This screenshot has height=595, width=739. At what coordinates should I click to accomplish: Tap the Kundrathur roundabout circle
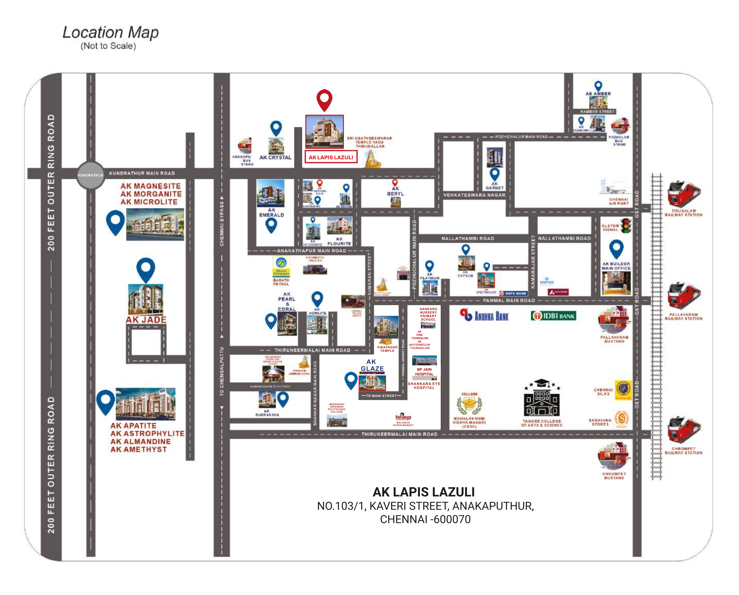coord(91,175)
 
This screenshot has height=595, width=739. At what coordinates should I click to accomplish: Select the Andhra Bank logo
coord(484,315)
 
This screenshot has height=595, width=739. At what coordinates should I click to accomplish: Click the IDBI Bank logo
coord(553,315)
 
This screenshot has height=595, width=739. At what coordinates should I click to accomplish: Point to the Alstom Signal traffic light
coord(627,226)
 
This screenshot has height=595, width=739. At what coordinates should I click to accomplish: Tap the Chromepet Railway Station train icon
coord(683,430)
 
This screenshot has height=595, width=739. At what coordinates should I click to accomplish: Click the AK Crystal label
coord(275,157)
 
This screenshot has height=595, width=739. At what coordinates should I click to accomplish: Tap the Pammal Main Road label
coord(509,300)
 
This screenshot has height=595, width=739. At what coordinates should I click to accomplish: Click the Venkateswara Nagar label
coord(474,195)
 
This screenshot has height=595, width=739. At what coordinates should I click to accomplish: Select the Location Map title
coord(110,33)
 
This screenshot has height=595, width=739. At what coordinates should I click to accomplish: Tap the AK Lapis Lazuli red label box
coord(331,157)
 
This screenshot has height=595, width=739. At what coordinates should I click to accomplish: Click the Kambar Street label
coord(597,112)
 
